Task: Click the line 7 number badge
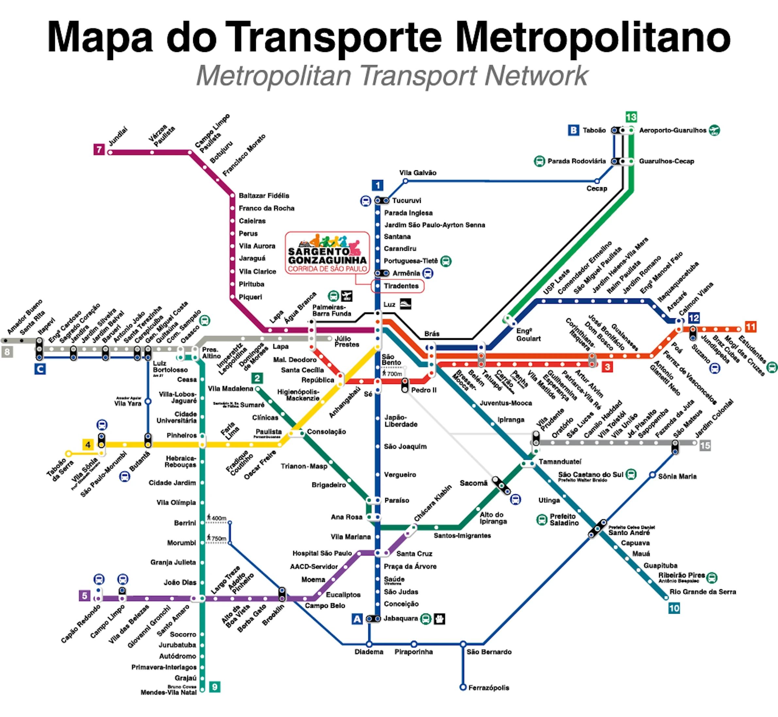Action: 99,149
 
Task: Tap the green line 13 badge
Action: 631,117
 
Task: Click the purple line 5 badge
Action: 85,595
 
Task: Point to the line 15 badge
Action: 705,445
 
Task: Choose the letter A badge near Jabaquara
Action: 357,619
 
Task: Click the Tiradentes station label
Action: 401,286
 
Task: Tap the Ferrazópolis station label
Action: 489,688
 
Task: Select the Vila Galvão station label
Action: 418,173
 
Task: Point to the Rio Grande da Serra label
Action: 703,592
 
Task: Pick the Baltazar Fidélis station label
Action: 264,195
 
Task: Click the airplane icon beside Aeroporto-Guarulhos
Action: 714,130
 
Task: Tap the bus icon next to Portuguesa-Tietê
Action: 446,261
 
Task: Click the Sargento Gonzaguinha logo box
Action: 327,253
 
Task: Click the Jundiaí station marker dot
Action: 110,153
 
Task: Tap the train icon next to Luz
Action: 405,304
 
